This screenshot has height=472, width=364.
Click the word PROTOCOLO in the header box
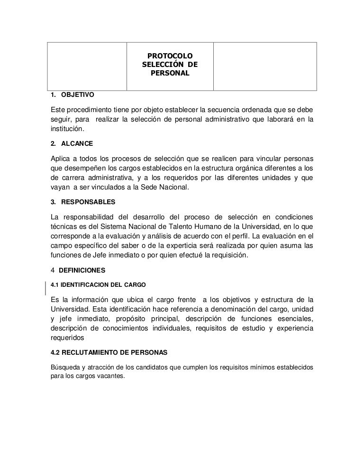coord(170,57)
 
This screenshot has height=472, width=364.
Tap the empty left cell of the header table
coord(87,66)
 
